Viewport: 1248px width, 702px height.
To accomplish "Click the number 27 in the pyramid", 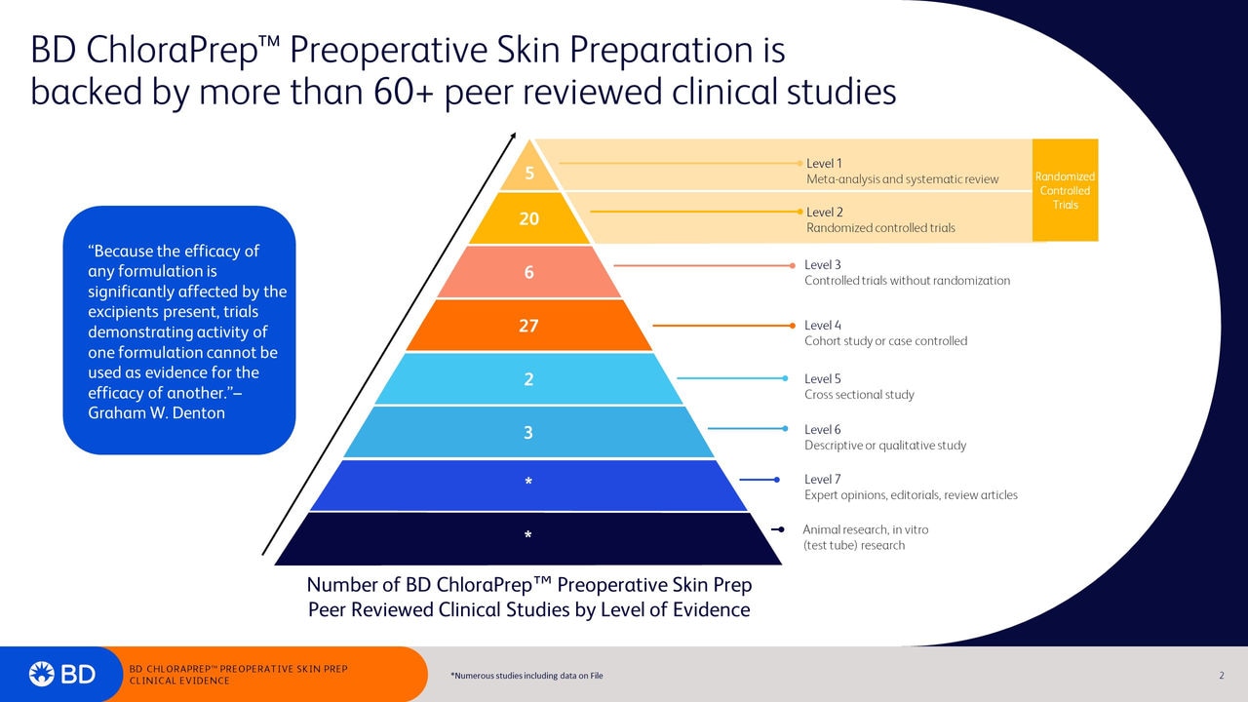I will (x=528, y=326).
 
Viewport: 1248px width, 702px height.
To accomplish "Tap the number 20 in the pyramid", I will (x=528, y=219).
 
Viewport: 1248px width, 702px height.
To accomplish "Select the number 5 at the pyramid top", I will (x=529, y=175).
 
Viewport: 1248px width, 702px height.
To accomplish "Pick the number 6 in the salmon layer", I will (x=528, y=273).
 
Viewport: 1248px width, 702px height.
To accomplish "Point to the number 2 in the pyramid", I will (x=528, y=379).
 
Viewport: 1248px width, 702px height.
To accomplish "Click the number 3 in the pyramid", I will (x=528, y=433).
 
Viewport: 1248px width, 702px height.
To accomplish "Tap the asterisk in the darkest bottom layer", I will (x=528, y=536).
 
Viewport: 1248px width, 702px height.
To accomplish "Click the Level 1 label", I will (x=824, y=164).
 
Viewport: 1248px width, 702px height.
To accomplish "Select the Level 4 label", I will (x=822, y=326).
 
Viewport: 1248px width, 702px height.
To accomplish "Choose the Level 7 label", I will (x=822, y=480).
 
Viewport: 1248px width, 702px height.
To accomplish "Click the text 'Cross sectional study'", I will (x=859, y=395).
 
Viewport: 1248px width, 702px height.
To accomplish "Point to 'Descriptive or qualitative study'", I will (x=885, y=446).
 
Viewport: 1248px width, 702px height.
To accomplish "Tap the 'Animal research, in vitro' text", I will (x=865, y=529).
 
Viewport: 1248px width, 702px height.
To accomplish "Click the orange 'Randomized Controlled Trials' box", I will (x=1065, y=190).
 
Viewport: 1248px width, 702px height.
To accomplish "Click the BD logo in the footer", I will (x=62, y=674).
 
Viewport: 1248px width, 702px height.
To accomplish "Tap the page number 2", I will (x=1221, y=676).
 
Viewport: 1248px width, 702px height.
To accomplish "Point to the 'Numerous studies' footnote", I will (x=526, y=676).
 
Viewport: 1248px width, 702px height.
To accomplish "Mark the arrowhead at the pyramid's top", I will (x=513, y=139).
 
